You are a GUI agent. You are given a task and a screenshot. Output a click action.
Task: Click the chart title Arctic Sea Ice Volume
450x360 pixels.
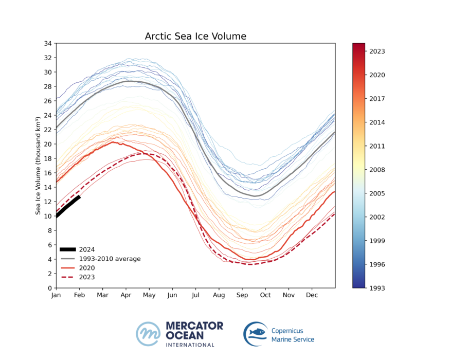195,37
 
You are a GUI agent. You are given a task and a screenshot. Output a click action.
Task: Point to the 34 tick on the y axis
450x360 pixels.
47,44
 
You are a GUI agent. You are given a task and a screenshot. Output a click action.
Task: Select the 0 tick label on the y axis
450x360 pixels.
49,288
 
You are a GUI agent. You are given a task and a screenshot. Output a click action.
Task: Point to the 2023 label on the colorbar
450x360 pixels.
377,51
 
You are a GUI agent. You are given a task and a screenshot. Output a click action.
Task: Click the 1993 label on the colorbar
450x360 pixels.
377,288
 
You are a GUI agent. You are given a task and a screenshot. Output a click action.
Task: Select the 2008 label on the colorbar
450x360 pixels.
377,170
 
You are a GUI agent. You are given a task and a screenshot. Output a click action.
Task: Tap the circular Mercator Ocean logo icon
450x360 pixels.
148,334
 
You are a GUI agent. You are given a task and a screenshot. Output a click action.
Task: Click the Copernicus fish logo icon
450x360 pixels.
256,334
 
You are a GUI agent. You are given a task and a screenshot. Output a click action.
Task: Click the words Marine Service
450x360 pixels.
293,339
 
